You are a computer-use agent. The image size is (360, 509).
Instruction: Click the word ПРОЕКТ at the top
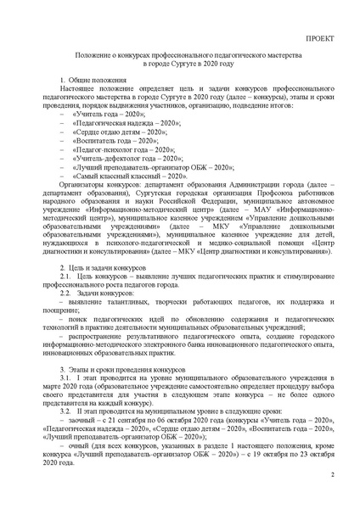(x=320, y=40)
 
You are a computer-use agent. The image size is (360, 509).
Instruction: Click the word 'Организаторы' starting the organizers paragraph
(x=83, y=206)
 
